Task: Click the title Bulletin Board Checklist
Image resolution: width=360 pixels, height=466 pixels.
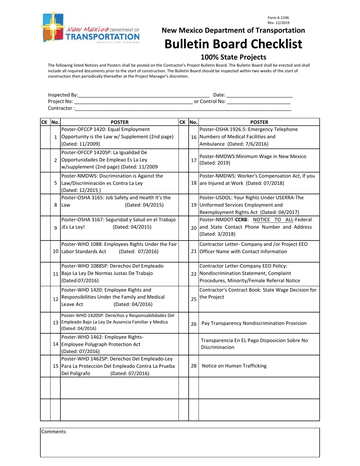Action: pyautogui.click(x=233, y=44)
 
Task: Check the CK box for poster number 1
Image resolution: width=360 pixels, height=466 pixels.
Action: pyautogui.click(x=45, y=137)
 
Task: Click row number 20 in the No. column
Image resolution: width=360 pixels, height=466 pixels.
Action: pyautogui.click(x=194, y=228)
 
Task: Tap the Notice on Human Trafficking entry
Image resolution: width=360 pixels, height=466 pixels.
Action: pyautogui.click(x=234, y=366)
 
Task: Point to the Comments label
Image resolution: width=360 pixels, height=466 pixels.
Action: pyautogui.click(x=54, y=432)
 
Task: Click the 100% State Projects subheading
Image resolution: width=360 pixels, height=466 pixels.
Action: pyautogui.click(x=233, y=58)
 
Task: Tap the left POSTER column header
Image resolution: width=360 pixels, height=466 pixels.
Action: pyautogui.click(x=119, y=122)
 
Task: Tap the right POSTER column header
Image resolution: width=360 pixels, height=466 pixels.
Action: pyautogui.click(x=259, y=122)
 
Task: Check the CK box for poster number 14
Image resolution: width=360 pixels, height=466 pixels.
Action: pyautogui.click(x=45, y=344)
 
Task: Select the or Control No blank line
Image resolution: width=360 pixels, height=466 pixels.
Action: pyautogui.click(x=258, y=102)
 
